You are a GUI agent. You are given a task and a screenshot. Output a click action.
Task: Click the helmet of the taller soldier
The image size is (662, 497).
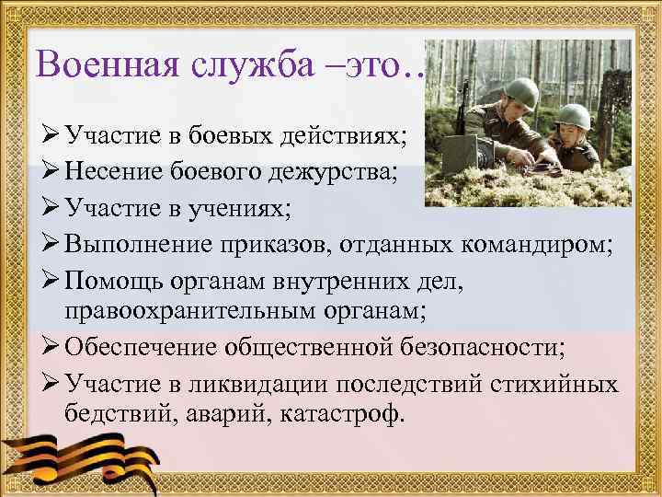tap(522, 91)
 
